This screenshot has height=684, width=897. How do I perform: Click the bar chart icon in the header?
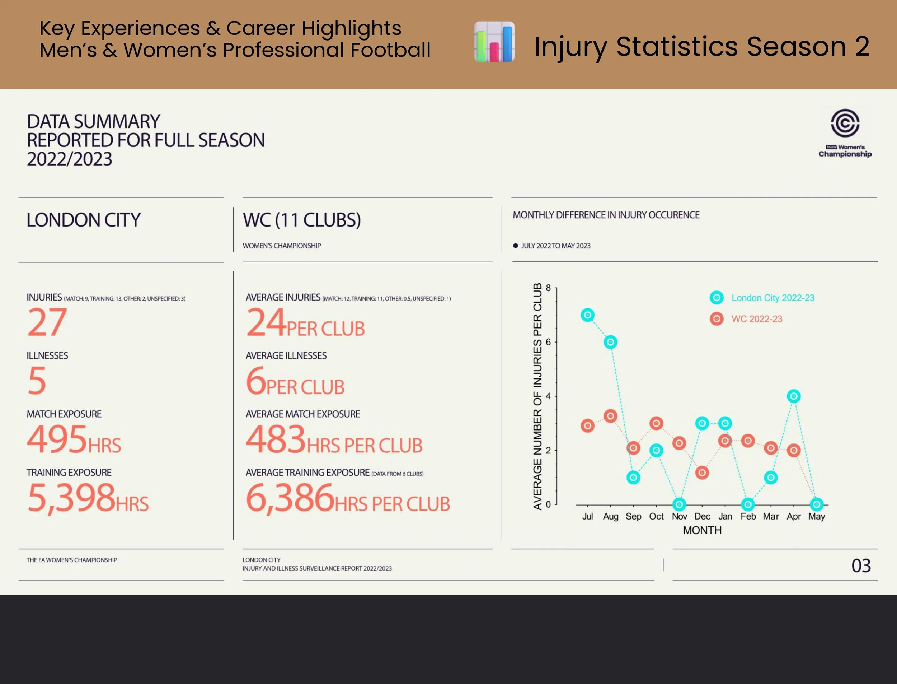494,42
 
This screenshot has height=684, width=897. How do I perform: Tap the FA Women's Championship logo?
845,133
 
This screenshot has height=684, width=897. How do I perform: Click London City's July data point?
587,315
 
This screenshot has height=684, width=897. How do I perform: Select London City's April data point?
794,396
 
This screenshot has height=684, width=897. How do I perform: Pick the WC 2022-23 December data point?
702,473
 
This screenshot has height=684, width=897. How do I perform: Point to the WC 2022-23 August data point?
610,416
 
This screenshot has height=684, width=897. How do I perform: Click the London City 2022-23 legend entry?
762,298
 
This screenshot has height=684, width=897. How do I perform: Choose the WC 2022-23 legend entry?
746,319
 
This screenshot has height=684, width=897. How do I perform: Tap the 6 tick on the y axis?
548,342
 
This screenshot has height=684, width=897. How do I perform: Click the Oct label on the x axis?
656,516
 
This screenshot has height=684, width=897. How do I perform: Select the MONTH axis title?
702,530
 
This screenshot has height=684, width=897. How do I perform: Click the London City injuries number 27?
47,322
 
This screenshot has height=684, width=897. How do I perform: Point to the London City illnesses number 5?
37,380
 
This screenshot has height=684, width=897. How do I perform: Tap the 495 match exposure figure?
57,438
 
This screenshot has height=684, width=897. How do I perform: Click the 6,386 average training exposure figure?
290,498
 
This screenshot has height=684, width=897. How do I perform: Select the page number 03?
861,566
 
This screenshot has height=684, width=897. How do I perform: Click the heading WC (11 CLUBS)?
302,220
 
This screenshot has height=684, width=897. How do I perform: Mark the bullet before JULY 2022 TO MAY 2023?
516,246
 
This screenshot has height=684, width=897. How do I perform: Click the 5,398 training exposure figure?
71,498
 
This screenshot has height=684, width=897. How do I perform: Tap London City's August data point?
610,342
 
